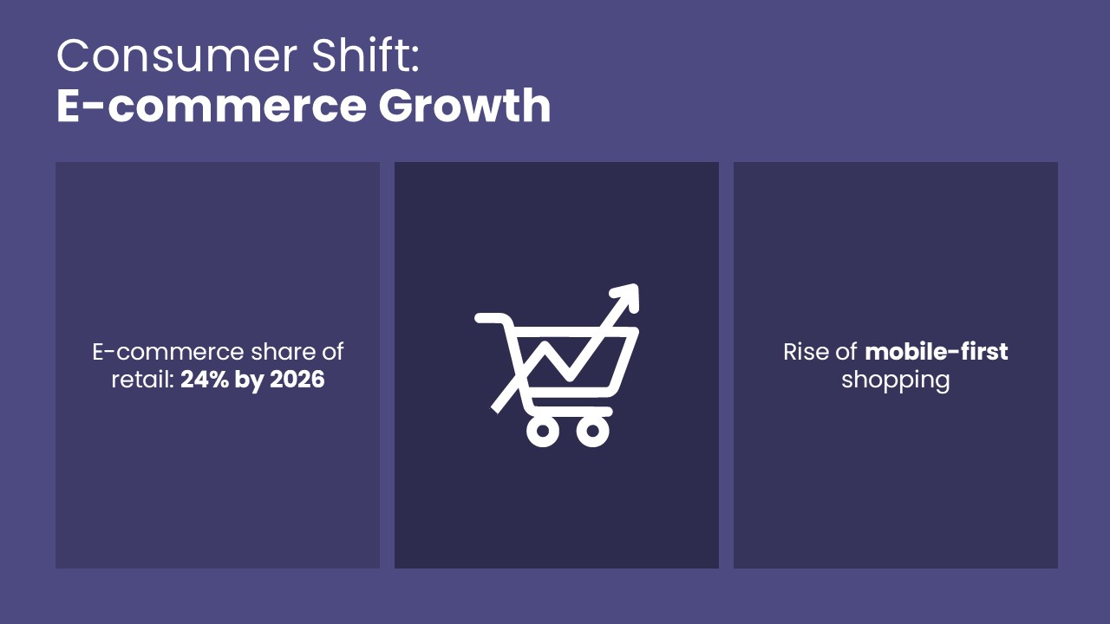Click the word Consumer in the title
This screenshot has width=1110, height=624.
point(177,56)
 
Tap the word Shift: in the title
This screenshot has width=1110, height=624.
point(366,55)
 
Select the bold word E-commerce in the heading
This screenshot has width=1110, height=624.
point(212,106)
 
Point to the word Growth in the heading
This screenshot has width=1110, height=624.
point(465,105)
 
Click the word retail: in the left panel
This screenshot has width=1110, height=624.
point(143,380)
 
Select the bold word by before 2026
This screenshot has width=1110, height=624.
point(250,381)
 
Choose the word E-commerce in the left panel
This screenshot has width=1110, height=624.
point(168,352)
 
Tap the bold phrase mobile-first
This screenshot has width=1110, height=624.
point(936,352)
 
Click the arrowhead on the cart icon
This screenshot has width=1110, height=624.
point(627,296)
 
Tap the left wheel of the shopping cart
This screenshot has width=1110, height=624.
point(543,431)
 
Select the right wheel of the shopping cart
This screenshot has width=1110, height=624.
point(592,431)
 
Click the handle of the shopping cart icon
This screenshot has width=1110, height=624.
point(492,318)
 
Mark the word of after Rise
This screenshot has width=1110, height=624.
point(846,352)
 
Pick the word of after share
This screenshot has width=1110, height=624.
point(332,352)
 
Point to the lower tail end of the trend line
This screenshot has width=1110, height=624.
point(494,409)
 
